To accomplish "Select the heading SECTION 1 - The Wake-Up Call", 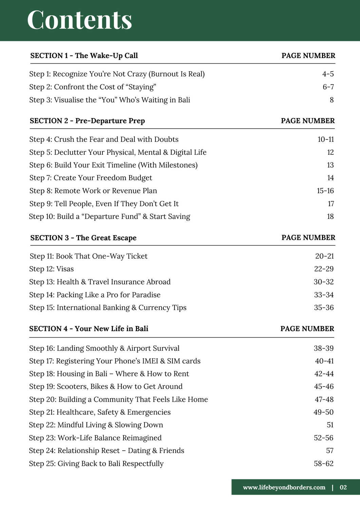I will pyautogui.click(x=84, y=56).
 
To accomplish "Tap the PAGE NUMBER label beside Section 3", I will pyautogui.click(x=308, y=238).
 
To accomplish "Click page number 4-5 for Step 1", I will pyautogui.click(x=328, y=74).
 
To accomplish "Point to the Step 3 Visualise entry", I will pyautogui.click(x=110, y=100).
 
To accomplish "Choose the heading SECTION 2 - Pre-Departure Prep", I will pyautogui.click(x=87, y=121).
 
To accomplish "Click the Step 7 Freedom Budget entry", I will pyautogui.click(x=91, y=178).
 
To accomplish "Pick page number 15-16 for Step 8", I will pyautogui.click(x=325, y=191).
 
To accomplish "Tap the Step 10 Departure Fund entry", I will pyautogui.click(x=110, y=216).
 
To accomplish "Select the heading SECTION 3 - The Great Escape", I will pyautogui.click(x=83, y=238).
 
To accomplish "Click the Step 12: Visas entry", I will pyautogui.click(x=52, y=269).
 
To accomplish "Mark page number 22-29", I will pyautogui.click(x=324, y=269).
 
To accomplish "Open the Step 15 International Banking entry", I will pyautogui.click(x=108, y=308).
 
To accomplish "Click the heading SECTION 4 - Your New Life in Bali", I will pyautogui.click(x=89, y=329).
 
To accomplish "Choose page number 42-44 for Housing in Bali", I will pyautogui.click(x=324, y=374).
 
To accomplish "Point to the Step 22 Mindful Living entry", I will pyautogui.click(x=96, y=425).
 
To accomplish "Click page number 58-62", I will pyautogui.click(x=323, y=464).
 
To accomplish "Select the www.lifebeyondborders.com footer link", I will pyautogui.click(x=284, y=488).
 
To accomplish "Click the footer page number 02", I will pyautogui.click(x=343, y=488).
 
